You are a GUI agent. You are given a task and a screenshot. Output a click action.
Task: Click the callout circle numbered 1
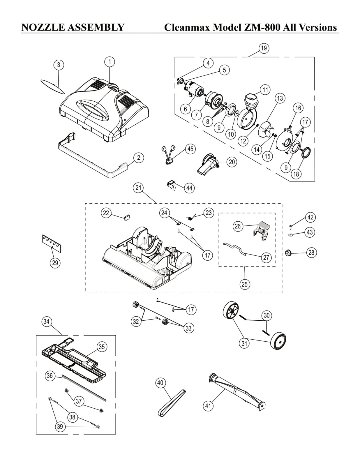pyautogui.click(x=110, y=62)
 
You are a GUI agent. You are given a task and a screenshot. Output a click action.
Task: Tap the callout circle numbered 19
pyautogui.click(x=264, y=48)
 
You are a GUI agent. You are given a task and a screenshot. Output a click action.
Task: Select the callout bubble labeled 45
pyautogui.click(x=190, y=149)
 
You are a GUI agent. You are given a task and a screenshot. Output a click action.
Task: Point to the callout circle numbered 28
pyautogui.click(x=311, y=253)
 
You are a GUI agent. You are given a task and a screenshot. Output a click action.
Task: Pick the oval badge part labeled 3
pyautogui.click(x=52, y=86)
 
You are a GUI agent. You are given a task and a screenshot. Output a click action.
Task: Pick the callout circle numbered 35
pyautogui.click(x=102, y=347)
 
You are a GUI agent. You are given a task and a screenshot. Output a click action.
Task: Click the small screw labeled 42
pyautogui.click(x=290, y=227)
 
